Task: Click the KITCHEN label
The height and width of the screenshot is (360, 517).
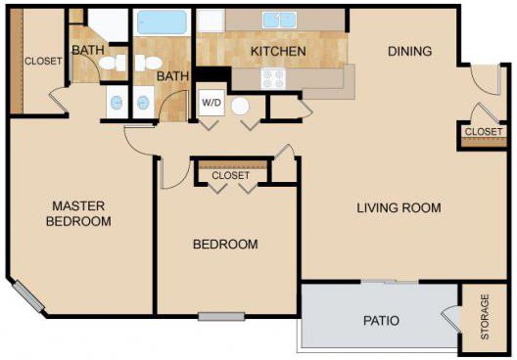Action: (x=278, y=52)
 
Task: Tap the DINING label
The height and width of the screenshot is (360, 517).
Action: (x=409, y=51)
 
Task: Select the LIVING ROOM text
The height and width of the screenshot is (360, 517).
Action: (x=399, y=207)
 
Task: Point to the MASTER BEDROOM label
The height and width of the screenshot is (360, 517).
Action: (x=78, y=213)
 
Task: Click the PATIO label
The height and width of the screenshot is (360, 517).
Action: (x=381, y=321)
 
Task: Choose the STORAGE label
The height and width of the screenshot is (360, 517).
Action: (x=485, y=317)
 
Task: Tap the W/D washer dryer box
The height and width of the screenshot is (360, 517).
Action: (x=211, y=103)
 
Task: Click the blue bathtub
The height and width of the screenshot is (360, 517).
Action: (x=162, y=22)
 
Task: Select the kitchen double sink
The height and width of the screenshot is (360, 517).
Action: (x=280, y=21)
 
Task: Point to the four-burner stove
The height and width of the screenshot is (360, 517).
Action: (x=273, y=78)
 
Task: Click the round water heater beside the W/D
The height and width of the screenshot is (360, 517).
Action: (x=240, y=106)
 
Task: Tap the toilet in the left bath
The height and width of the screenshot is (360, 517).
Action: (x=112, y=63)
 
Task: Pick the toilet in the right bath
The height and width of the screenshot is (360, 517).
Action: (x=148, y=63)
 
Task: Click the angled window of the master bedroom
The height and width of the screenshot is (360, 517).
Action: (x=28, y=296)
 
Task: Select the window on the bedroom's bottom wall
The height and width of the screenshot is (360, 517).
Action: (x=221, y=317)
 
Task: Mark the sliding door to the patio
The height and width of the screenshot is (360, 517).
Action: (x=390, y=282)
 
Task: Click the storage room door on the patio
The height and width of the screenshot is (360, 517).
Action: (x=450, y=319)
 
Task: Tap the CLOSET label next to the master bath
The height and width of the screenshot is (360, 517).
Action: (x=43, y=62)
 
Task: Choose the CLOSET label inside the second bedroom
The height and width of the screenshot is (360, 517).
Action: (x=231, y=175)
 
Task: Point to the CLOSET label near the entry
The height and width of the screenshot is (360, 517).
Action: (x=484, y=132)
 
